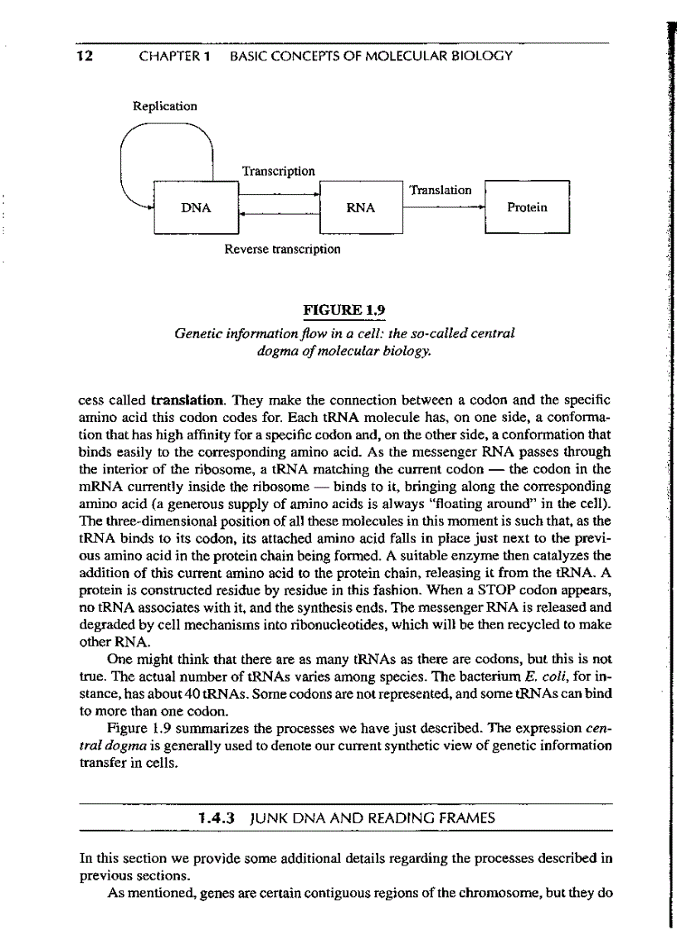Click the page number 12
(85, 56)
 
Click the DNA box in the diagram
(196, 206)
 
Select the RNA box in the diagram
(362, 206)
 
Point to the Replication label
(165, 107)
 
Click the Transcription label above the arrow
(278, 172)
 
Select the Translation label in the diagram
(441, 190)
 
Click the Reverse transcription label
(282, 248)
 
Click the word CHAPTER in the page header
(168, 56)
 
